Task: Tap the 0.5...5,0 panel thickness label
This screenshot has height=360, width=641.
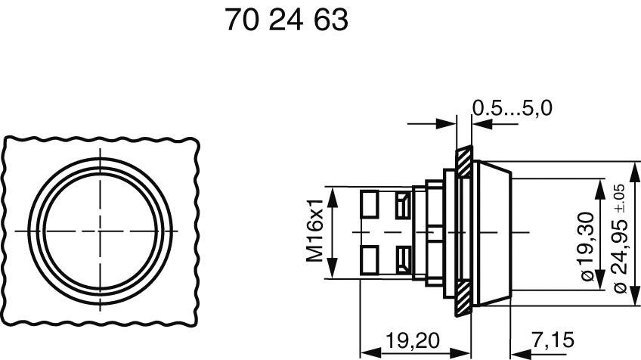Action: coord(512,108)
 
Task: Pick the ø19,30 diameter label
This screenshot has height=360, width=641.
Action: coord(587,245)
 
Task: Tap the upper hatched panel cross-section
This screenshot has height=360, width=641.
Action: coord(462,160)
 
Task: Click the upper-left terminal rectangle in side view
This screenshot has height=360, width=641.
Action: coord(370,203)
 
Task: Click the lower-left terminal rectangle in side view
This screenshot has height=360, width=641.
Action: coord(370,256)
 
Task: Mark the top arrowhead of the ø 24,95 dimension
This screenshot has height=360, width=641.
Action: coord(633,166)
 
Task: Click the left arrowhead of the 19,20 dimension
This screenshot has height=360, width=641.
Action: coord(364,352)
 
